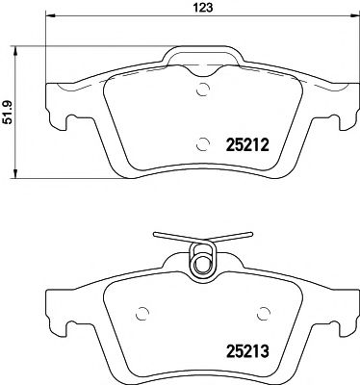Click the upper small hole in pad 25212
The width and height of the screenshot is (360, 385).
click(202, 92)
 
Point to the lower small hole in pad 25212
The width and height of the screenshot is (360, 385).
click(202, 145)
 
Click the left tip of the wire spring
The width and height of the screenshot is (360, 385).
click(154, 234)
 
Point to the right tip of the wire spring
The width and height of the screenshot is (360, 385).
click(251, 234)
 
